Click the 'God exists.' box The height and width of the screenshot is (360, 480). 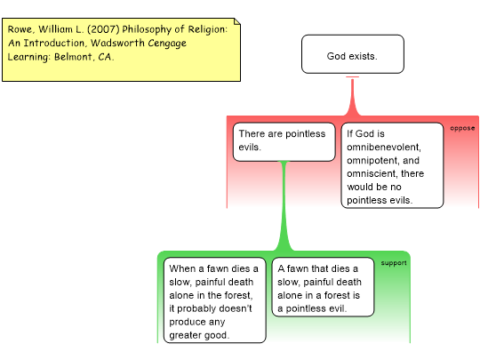pyautogui.click(x=353, y=54)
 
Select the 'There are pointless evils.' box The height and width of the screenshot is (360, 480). pyautogui.click(x=284, y=141)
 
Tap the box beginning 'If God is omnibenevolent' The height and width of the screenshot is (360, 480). pyautogui.click(x=392, y=165)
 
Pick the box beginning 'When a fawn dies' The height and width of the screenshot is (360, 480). pyautogui.click(x=215, y=300)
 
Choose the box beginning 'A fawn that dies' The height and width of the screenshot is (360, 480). pyautogui.click(x=323, y=287)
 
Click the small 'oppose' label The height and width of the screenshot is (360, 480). pyautogui.click(x=462, y=128)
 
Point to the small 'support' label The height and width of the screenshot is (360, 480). pyautogui.click(x=394, y=263)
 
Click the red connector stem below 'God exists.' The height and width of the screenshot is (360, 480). pyautogui.click(x=353, y=96)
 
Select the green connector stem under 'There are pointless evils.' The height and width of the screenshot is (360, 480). pyautogui.click(x=284, y=205)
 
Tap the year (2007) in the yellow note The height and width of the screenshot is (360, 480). pyautogui.click(x=103, y=29)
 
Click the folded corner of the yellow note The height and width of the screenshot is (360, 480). pyautogui.click(x=237, y=21)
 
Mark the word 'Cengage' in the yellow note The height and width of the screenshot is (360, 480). pyautogui.click(x=167, y=44)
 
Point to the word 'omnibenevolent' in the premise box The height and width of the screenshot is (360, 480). pyautogui.click(x=384, y=147)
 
